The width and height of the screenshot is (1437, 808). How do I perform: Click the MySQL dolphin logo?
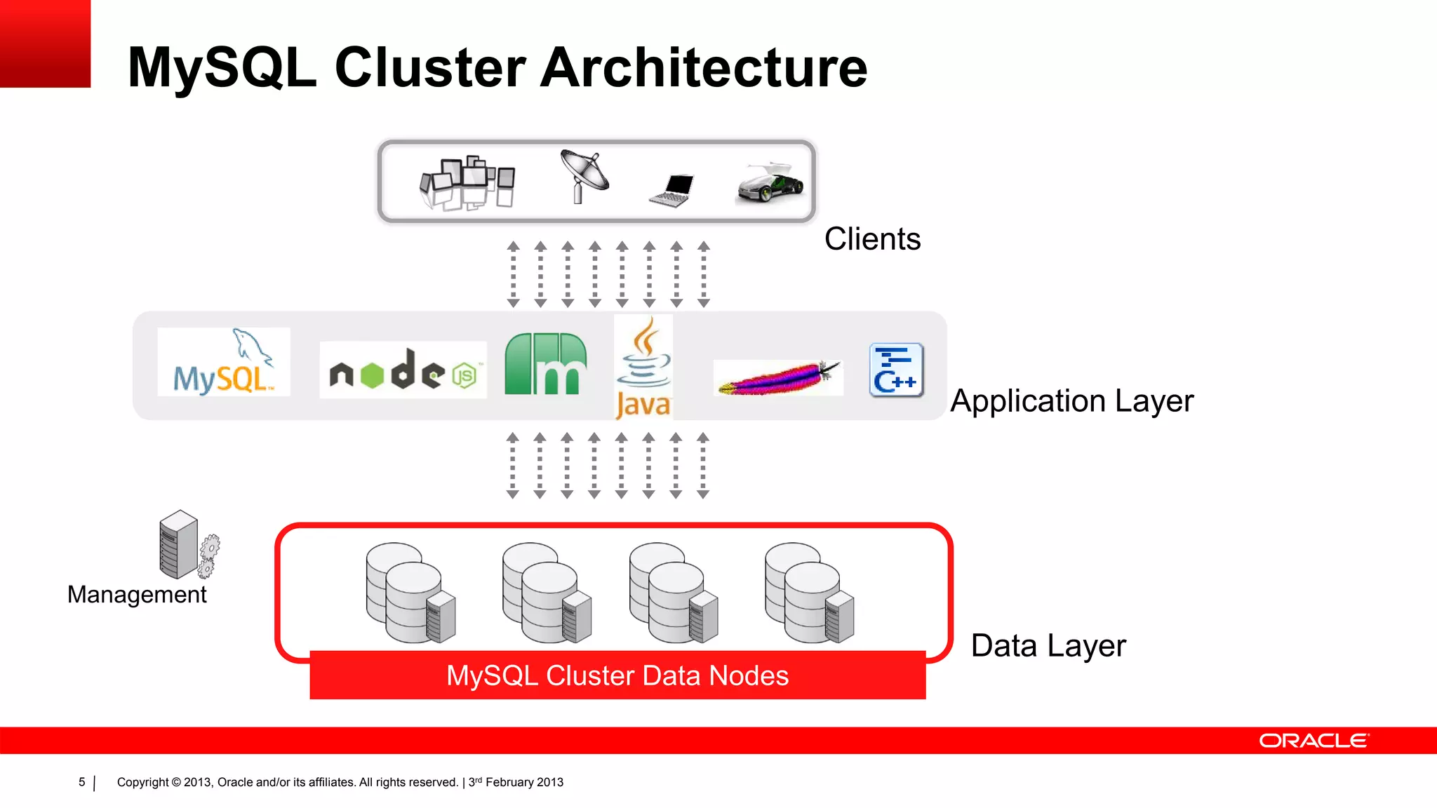click(223, 363)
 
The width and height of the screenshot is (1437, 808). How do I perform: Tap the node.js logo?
click(403, 370)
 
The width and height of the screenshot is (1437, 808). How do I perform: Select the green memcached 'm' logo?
click(546, 364)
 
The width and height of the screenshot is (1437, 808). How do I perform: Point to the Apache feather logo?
click(777, 378)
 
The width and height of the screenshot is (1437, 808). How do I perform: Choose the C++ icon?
click(896, 370)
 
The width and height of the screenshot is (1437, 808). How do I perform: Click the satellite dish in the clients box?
click(584, 176)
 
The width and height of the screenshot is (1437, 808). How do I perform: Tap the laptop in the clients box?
click(672, 189)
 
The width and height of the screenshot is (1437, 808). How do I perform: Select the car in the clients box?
click(770, 184)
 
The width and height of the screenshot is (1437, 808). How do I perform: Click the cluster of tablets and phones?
click(467, 182)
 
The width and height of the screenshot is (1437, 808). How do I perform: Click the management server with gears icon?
click(187, 545)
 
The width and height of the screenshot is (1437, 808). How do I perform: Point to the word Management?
click(137, 595)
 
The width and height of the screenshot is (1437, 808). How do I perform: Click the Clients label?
click(872, 239)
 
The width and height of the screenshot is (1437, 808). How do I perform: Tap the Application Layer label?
click(1071, 401)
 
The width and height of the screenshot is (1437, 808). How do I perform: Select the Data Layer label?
click(1048, 646)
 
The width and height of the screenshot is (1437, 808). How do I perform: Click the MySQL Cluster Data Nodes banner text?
click(617, 675)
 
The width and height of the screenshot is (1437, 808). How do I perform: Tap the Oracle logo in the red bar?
click(1313, 741)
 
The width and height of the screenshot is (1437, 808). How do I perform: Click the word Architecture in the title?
click(704, 68)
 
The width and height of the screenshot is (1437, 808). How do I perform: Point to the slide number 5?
click(82, 782)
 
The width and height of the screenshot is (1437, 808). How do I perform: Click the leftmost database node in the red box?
click(410, 593)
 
